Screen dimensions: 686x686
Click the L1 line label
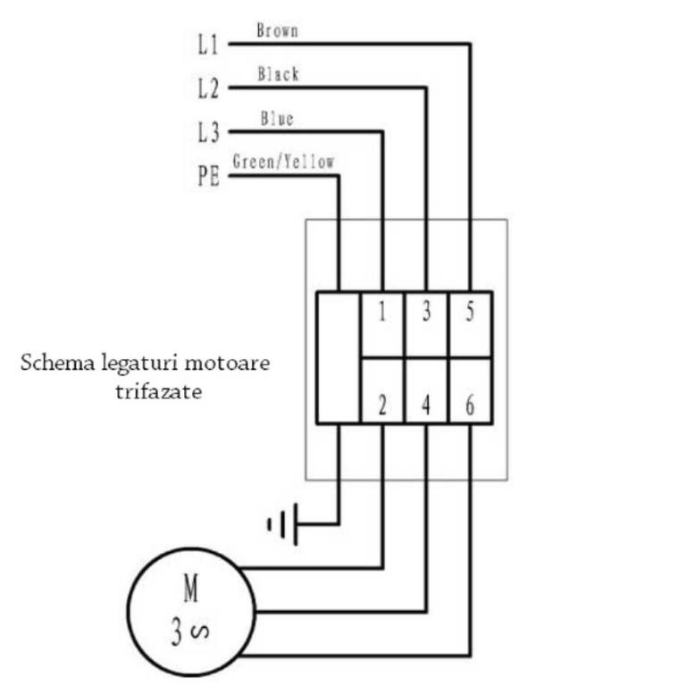coord(208,44)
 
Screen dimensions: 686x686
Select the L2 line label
coord(208,88)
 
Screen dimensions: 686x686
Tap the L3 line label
coord(208,132)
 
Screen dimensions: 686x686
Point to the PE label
coord(208,176)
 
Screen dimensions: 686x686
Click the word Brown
coord(278,30)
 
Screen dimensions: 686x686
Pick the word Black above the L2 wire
coord(279,74)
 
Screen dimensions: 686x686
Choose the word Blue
coord(277,119)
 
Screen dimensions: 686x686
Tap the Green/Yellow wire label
coord(283,162)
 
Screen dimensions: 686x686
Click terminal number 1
coord(382,312)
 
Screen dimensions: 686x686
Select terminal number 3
coord(427,312)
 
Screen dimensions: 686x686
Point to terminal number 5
coord(470,312)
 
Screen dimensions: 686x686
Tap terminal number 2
coord(382,406)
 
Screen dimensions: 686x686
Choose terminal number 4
coord(426,406)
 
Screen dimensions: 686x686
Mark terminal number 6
coord(470,406)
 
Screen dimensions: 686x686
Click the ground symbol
coord(283,524)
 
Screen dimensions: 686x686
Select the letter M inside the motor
coord(191,589)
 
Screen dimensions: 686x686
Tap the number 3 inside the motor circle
coord(176,632)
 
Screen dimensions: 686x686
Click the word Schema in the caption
coord(57,363)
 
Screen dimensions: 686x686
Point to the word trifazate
coord(159,391)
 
